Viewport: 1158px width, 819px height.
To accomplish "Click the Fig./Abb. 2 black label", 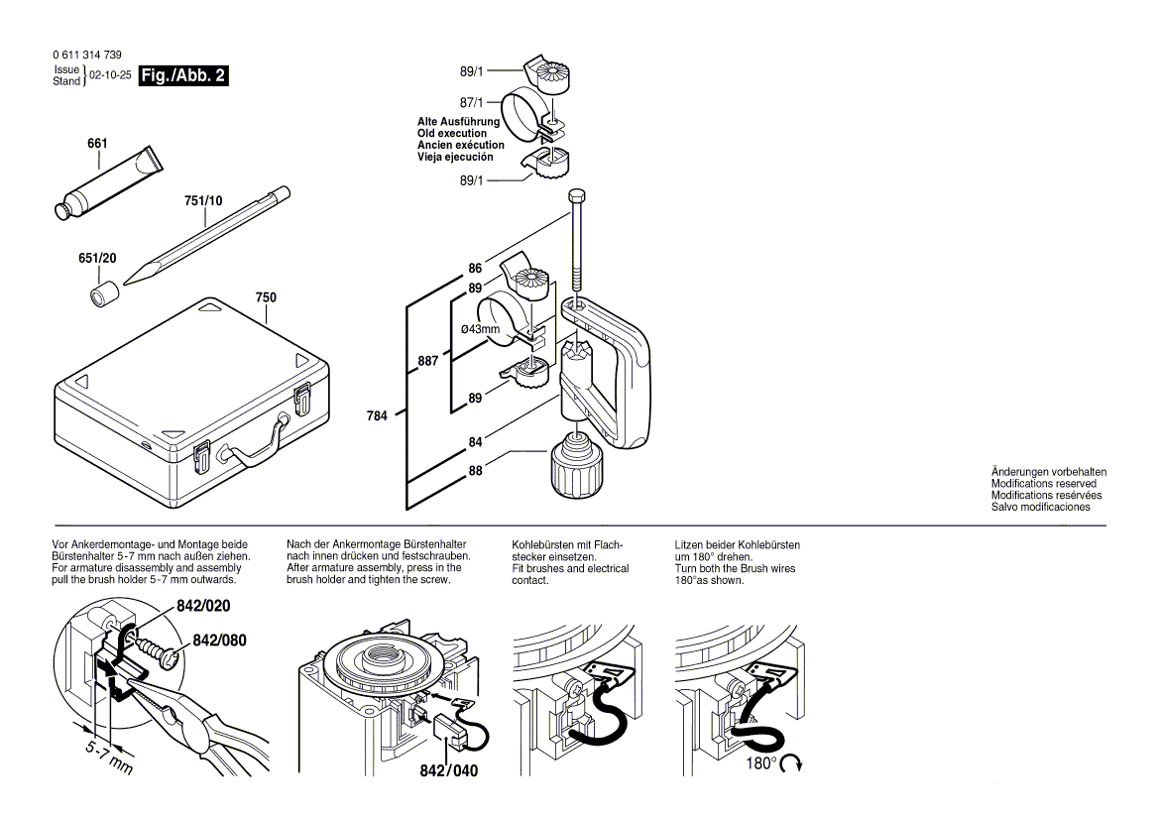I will coord(183,75).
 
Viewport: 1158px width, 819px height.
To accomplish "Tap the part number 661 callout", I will coord(97,145).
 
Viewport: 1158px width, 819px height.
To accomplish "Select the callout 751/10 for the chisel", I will coord(204,200).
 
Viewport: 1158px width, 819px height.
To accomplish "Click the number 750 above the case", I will coord(266,297).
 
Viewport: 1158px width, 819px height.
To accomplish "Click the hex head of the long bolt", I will coord(576,194).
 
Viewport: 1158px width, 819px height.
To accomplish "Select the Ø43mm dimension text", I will coord(480,328).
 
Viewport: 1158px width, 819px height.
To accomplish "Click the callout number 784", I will coord(378,415).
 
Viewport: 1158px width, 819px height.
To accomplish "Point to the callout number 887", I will coord(427,362).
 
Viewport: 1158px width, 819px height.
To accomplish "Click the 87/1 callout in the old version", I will coord(473,102).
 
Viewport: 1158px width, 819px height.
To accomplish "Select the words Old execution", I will coord(452,133).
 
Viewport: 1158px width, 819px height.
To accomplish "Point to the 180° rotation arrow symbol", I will coord(791,763).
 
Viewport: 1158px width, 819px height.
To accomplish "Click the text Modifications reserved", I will coord(1043,484).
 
